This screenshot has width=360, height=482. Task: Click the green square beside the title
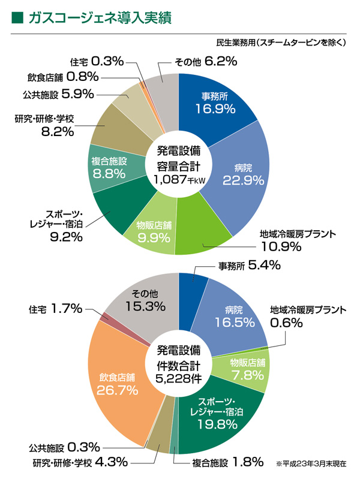coord(17,18)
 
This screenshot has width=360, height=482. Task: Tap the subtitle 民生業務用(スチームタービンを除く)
coord(281,43)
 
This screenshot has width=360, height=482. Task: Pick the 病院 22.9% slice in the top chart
coord(237,173)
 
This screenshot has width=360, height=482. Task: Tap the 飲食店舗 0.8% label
coord(62,77)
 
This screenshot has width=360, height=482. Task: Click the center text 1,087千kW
coord(179,179)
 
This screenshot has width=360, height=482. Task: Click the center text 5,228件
coord(179,378)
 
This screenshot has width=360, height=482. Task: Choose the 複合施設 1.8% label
coord(227,462)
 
